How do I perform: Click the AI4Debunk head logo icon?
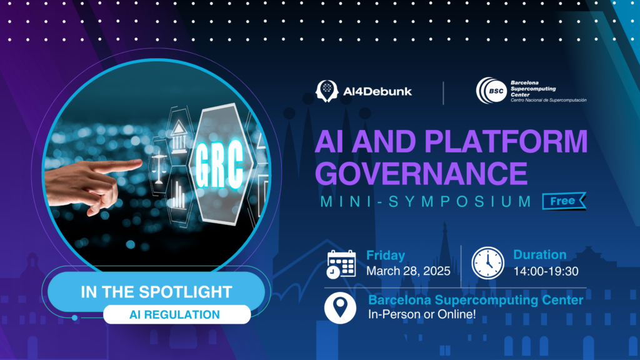click(x=327, y=91)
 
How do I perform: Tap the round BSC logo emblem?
click(x=492, y=91)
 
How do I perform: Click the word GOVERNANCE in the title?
click(x=421, y=173)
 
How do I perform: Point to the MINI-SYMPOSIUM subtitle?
click(x=426, y=201)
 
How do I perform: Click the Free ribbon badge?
click(x=564, y=201)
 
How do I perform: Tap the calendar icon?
click(x=341, y=264)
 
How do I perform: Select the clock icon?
click(x=487, y=263)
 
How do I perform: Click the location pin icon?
click(x=340, y=307)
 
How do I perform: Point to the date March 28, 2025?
click(x=408, y=271)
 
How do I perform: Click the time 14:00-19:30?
click(x=546, y=271)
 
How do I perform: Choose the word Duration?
click(x=539, y=255)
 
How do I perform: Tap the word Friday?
click(x=385, y=256)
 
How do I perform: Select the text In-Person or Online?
click(x=422, y=314)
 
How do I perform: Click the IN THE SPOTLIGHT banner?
click(x=156, y=292)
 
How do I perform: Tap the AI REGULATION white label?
click(x=177, y=315)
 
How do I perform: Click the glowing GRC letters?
click(x=219, y=165)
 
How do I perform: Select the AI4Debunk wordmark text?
click(x=377, y=91)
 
